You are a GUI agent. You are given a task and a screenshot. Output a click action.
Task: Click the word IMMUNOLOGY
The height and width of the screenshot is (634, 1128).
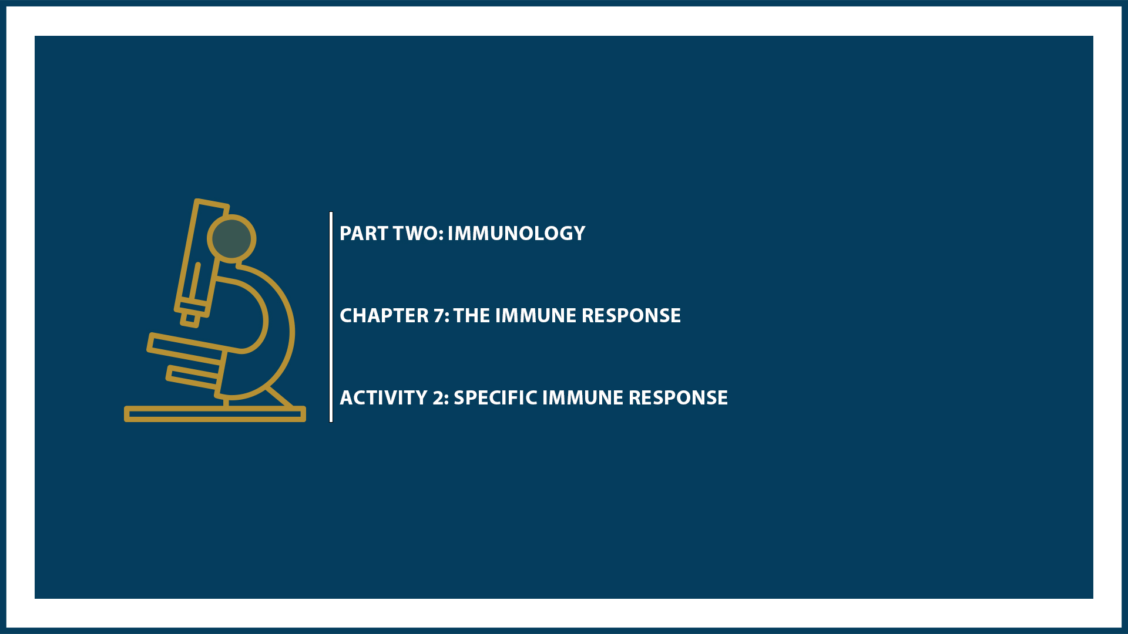click(516, 234)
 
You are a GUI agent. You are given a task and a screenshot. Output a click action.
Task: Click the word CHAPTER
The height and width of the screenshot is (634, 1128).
click(384, 316)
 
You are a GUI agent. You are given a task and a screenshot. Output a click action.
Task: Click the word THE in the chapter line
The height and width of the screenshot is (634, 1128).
click(472, 316)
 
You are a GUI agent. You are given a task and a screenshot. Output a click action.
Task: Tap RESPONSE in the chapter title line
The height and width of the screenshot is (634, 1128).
click(631, 316)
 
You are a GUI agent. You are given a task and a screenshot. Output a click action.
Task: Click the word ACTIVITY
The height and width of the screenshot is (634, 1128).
click(384, 398)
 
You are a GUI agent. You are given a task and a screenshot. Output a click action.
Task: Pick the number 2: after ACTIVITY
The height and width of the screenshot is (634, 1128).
click(441, 398)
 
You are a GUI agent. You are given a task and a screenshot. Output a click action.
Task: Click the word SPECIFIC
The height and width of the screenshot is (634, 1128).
click(495, 398)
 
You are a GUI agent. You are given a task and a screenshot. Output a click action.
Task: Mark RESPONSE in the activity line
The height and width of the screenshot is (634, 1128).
click(678, 398)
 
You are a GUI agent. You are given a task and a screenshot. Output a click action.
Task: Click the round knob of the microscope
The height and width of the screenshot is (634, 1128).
click(231, 238)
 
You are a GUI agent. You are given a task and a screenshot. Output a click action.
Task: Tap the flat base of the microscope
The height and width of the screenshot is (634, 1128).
click(214, 414)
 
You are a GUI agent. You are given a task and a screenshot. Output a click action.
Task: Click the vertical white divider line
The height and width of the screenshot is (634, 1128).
click(331, 317)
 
